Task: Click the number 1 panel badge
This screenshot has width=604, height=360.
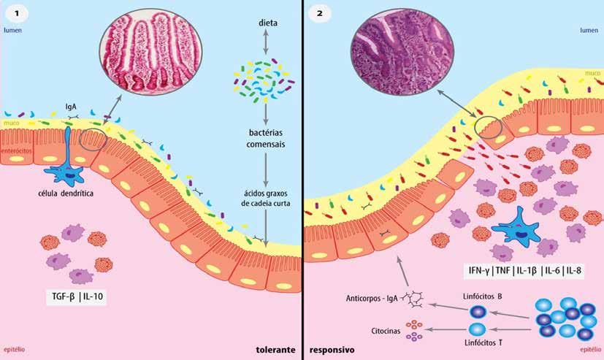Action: pos(12,12)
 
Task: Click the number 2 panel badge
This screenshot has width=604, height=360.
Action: pos(316,12)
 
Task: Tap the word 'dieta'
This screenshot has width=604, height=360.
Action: pos(267,23)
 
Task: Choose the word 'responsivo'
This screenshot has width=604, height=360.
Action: pos(332,350)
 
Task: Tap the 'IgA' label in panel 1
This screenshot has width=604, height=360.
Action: pos(69,105)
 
